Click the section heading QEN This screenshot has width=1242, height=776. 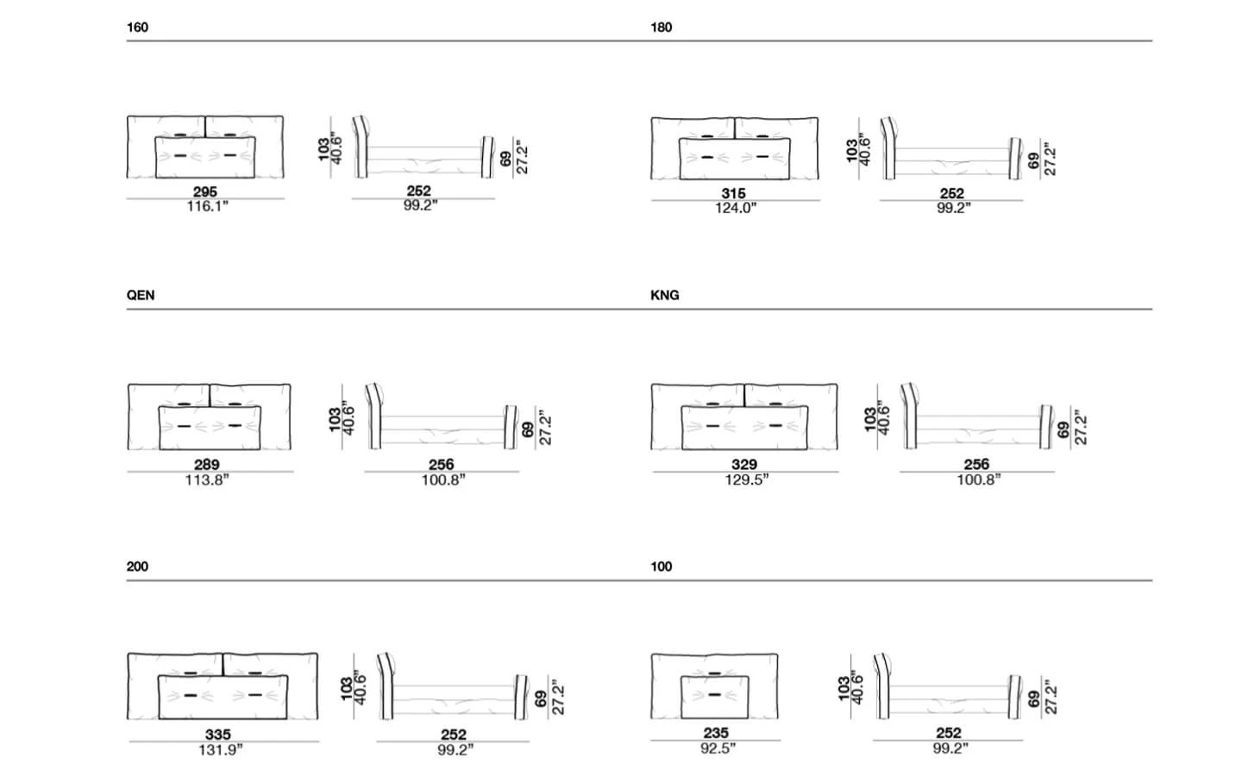(141, 295)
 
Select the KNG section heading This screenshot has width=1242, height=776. (665, 295)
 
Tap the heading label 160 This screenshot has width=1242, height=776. (137, 28)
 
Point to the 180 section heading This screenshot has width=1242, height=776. (662, 28)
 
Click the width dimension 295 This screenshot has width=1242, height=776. (205, 191)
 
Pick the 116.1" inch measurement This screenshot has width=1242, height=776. (207, 206)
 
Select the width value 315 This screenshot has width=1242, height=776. (733, 193)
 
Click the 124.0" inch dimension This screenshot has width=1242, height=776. (735, 208)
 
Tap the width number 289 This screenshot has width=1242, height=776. (207, 465)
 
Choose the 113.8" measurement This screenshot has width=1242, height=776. (207, 479)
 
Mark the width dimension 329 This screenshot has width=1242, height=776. (744, 465)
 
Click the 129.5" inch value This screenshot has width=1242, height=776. (747, 479)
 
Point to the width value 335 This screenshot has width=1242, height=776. (218, 735)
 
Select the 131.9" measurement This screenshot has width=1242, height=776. (221, 749)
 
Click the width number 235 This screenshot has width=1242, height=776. (716, 733)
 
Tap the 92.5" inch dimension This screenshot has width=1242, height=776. (718, 748)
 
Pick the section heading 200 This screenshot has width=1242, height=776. (137, 566)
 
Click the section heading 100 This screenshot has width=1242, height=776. (662, 566)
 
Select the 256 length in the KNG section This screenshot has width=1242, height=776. (976, 465)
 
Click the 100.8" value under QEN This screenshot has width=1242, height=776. (443, 479)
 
